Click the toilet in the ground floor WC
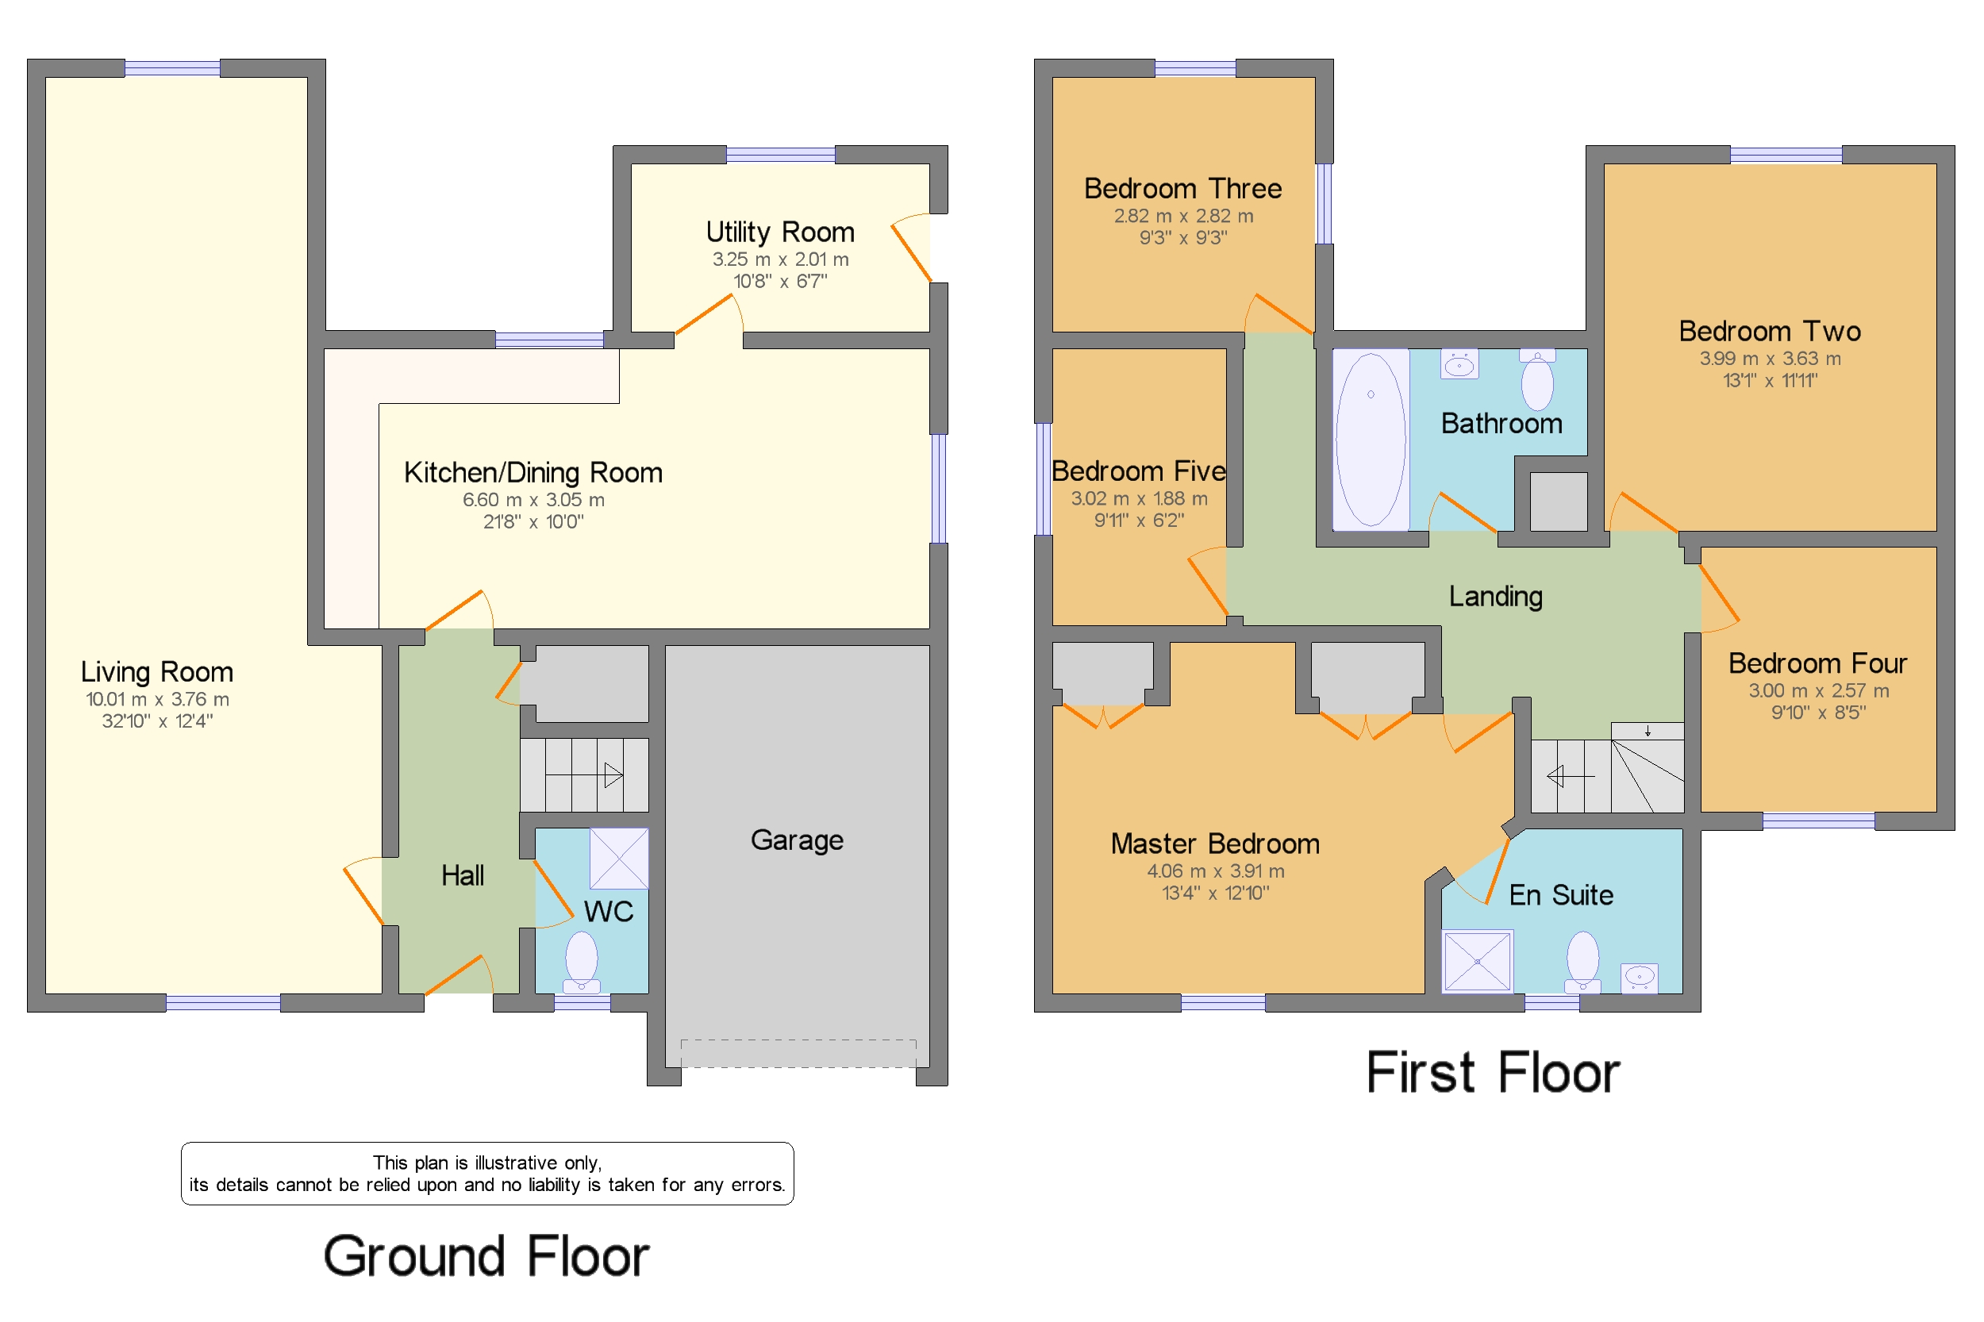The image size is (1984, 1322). [x=581, y=962]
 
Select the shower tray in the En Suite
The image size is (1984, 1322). [x=1476, y=961]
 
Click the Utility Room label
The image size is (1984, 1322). [x=779, y=232]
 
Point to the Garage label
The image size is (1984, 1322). [x=796, y=840]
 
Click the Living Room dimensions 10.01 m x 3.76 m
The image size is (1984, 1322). [x=157, y=699]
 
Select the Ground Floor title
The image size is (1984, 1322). [x=486, y=1256]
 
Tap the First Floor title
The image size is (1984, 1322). [x=1492, y=1073]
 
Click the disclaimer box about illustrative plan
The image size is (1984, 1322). [x=486, y=1173]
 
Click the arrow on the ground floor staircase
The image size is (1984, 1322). [x=611, y=774]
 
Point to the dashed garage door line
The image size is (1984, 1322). [x=797, y=1053]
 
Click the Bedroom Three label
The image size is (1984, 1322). [x=1182, y=188]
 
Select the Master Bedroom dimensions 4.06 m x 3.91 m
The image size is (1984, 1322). [x=1214, y=871]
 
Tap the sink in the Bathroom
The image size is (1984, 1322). [x=1459, y=365]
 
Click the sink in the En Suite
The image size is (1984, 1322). [x=1638, y=978]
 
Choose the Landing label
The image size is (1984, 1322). [x=1495, y=596]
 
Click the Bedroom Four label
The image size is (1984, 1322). [x=1817, y=663]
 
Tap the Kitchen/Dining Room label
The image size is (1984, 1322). [x=532, y=472]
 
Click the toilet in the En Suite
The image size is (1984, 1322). [x=1582, y=961]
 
